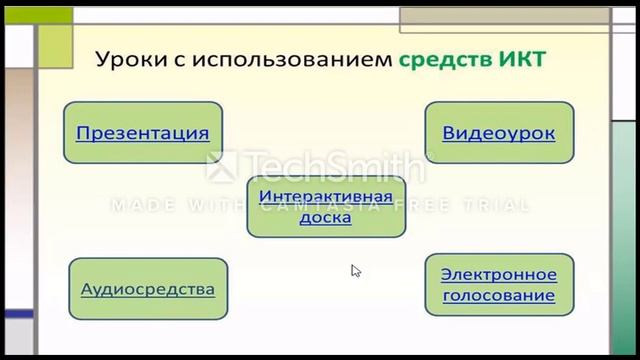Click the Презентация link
coord(142,132)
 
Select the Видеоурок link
coord(498,132)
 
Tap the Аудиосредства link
coord(148,289)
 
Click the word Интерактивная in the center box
coord(325,195)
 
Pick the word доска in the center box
coord(325,216)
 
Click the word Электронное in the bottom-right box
coord(498,274)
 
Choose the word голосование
coord(498,296)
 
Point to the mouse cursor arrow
coord(355,270)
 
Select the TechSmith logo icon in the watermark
coord(220,167)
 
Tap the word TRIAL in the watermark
coord(497,205)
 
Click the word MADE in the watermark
coord(138,205)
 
